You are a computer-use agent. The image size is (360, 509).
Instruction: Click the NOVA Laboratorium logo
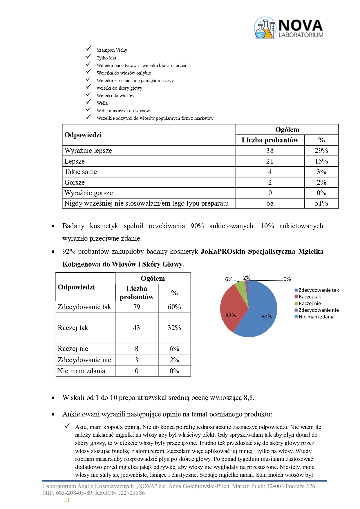point(289,28)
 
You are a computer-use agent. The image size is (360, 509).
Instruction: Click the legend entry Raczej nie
point(310,303)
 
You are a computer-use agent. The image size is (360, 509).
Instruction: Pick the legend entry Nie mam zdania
point(316,317)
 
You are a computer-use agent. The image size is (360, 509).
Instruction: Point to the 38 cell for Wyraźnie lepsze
point(270,151)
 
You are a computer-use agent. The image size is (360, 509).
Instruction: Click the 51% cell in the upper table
point(321,203)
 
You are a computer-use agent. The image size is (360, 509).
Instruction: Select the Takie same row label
point(81,172)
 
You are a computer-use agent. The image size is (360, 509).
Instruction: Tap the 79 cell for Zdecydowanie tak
point(137,307)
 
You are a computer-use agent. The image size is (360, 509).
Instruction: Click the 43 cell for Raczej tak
point(137,328)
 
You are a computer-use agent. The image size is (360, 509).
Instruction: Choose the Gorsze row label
point(75,182)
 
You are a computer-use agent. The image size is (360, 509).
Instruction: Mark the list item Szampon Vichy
point(112,50)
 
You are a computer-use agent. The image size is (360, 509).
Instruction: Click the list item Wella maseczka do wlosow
point(123,111)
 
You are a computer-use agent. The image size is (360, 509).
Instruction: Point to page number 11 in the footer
point(67,500)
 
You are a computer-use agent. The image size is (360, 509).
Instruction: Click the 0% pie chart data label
point(287,279)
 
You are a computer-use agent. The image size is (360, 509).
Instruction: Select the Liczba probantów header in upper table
point(270,140)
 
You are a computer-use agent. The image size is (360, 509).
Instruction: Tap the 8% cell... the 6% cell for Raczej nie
point(174,349)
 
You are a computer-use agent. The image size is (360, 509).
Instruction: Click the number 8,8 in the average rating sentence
point(249,398)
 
